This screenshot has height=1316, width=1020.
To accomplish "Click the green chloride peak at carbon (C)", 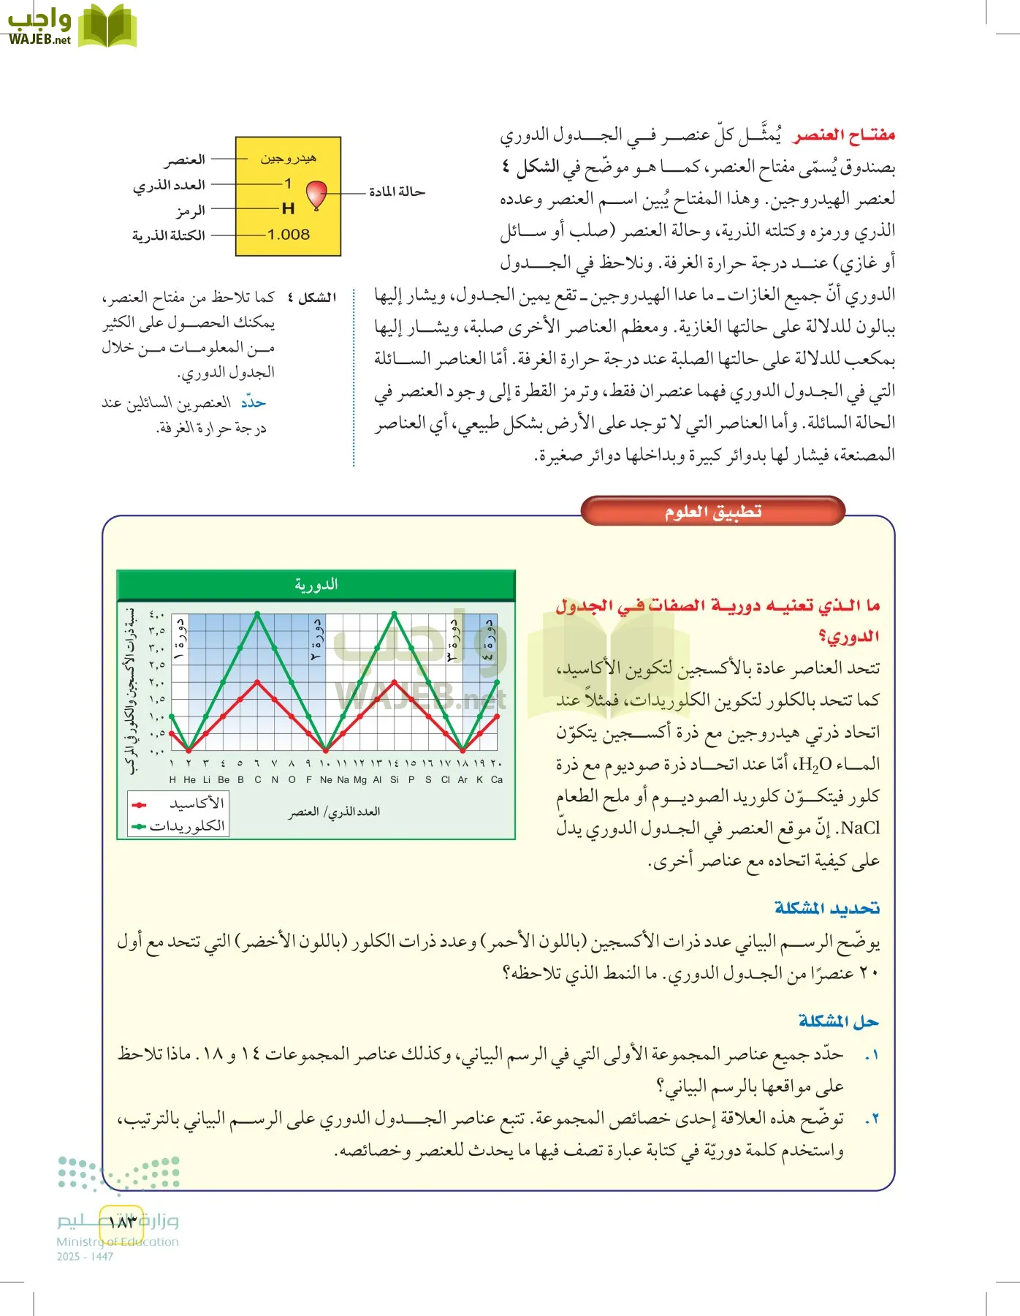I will [257, 613].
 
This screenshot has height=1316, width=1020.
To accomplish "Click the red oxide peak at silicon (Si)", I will [395, 681].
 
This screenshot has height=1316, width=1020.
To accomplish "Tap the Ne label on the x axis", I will [326, 780].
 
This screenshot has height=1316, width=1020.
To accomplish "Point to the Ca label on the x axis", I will [497, 780].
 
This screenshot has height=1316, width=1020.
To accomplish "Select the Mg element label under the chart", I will [360, 780].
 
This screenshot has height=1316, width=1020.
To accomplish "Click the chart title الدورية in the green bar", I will [316, 585].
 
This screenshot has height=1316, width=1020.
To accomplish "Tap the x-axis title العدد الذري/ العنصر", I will [334, 812].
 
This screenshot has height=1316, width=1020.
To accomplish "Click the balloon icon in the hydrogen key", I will [316, 195].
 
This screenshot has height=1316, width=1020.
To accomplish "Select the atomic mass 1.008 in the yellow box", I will [288, 235].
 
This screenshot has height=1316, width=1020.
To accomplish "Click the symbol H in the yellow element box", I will [288, 209].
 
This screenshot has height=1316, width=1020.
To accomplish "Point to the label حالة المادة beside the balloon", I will [396, 192].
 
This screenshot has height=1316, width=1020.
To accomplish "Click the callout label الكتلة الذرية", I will [169, 235].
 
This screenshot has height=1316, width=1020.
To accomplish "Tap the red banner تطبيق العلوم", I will [712, 512].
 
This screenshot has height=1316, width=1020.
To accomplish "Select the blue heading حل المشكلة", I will [838, 1021].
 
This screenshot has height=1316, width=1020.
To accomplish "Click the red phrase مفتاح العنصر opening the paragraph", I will [844, 135].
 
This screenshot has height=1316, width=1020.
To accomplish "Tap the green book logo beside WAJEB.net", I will [107, 26].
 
